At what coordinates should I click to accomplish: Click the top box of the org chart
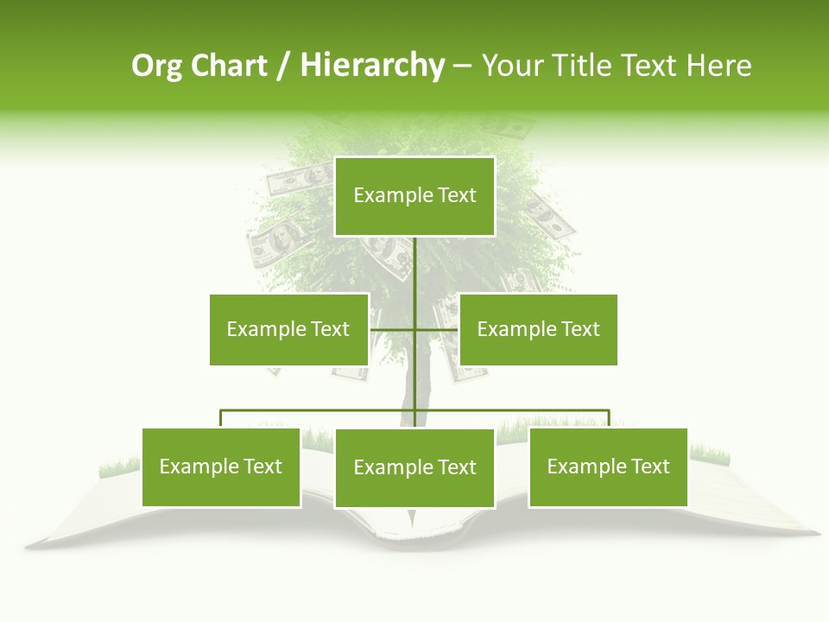[414, 196]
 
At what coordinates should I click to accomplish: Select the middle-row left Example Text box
[288, 329]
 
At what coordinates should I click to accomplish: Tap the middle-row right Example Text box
[538, 329]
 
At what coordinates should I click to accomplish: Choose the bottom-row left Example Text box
[221, 466]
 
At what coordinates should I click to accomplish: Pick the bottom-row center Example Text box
[414, 467]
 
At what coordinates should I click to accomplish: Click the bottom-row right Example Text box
[608, 466]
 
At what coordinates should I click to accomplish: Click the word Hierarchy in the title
[372, 66]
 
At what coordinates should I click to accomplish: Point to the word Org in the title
[158, 66]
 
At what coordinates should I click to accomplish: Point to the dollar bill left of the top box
[298, 179]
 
